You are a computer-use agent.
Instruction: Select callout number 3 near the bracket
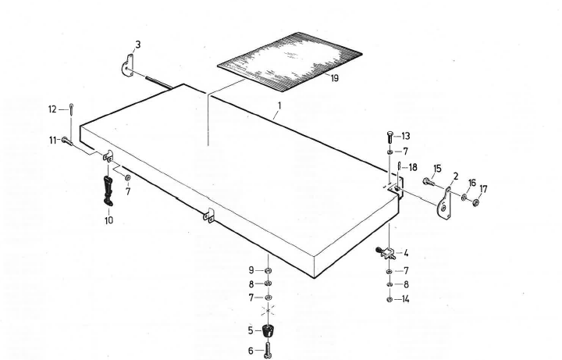pyautogui.click(x=137, y=45)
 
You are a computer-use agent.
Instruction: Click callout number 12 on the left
pyautogui.click(x=52, y=109)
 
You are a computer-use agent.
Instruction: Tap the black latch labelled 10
pyautogui.click(x=108, y=187)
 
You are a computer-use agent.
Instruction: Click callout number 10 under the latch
pyautogui.click(x=108, y=220)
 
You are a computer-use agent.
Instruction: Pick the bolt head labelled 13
pyautogui.click(x=389, y=137)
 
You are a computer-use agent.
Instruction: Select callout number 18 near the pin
pyautogui.click(x=412, y=167)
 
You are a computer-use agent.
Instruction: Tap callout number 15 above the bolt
pyautogui.click(x=436, y=169)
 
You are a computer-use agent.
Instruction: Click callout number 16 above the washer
pyautogui.click(x=471, y=184)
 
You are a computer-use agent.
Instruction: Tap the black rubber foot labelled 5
pyautogui.click(x=269, y=331)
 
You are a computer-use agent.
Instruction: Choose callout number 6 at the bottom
pyautogui.click(x=251, y=351)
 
